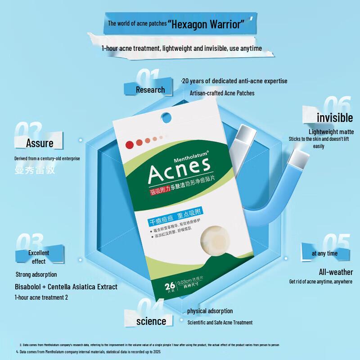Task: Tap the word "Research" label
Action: point(150,90)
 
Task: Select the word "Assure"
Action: point(40,143)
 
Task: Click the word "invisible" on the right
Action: point(334,117)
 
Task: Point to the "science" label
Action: point(151,321)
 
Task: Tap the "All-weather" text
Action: point(335,272)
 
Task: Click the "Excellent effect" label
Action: point(39,257)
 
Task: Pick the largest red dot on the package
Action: point(130,144)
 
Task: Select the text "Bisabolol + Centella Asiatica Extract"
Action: point(66,287)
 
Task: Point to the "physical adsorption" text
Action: point(210,311)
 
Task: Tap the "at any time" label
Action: point(324,253)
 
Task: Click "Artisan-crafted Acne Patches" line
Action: point(222,93)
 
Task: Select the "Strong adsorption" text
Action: point(36,274)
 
